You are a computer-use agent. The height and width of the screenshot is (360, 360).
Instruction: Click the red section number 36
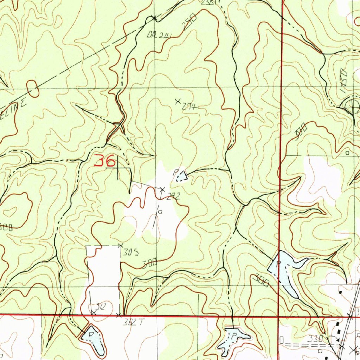pos(105,161)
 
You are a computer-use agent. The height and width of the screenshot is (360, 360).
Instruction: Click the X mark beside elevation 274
pos(178,101)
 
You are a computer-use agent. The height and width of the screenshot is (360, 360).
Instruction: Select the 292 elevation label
pos(173,197)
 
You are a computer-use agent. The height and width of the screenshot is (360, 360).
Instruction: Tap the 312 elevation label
pos(100,307)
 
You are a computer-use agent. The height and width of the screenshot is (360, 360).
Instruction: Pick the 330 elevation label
pos(315,339)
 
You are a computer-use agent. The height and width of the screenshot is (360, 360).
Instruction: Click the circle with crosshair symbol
pos(351,107)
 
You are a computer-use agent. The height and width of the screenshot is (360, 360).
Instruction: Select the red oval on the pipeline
pos(33,89)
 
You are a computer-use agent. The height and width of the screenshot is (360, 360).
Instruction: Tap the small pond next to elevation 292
pos(181,176)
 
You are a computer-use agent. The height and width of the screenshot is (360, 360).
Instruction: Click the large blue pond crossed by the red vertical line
pos(285,271)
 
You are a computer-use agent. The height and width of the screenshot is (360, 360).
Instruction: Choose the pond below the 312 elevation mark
pos(94,340)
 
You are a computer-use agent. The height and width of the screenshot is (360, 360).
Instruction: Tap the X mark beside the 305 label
pos(120,245)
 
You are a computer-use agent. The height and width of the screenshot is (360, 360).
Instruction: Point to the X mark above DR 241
pos(154,17)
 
